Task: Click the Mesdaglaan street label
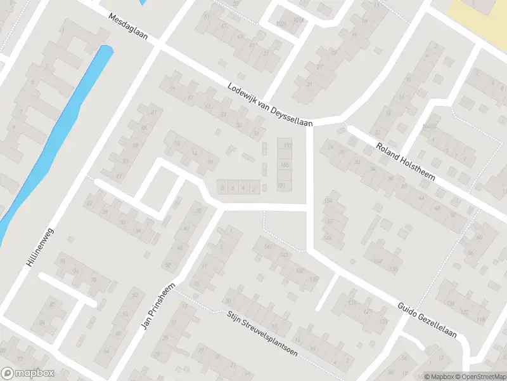click(128, 27)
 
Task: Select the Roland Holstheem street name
click(406, 161)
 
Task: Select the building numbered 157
click(287, 147)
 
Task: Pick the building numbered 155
click(285, 166)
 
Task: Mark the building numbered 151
click(283, 185)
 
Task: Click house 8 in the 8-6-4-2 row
click(222, 188)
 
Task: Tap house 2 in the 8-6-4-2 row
click(254, 189)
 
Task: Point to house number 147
click(268, 246)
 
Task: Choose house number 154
click(328, 201)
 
